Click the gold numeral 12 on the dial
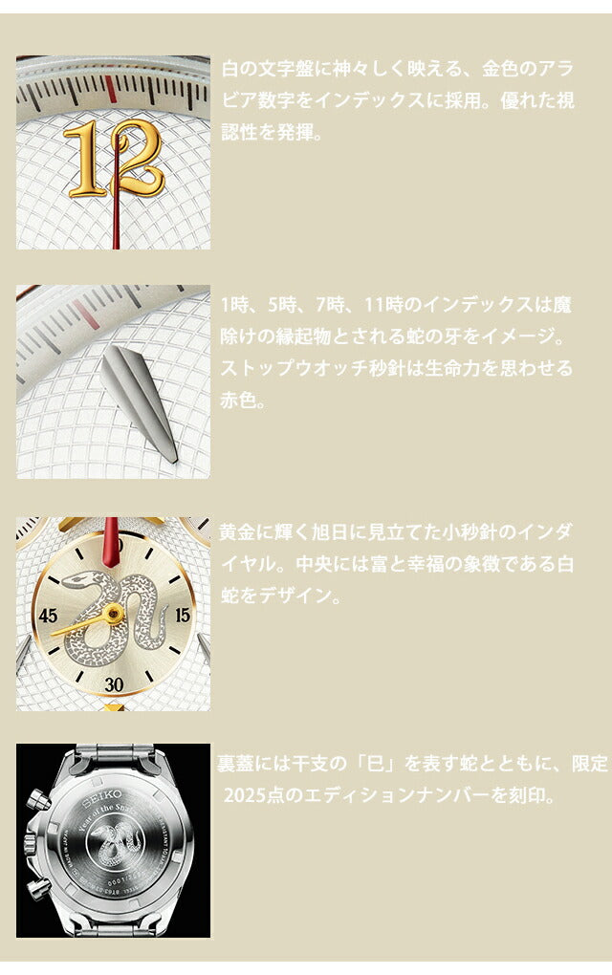click(x=115, y=158)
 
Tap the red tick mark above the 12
click(x=111, y=90)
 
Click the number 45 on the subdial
click(x=48, y=616)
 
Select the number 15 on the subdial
click(x=183, y=616)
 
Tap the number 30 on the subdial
click(x=114, y=684)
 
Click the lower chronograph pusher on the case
click(x=37, y=892)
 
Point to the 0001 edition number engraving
click(x=119, y=881)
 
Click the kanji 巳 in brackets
click(x=376, y=764)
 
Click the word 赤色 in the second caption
click(x=239, y=401)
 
